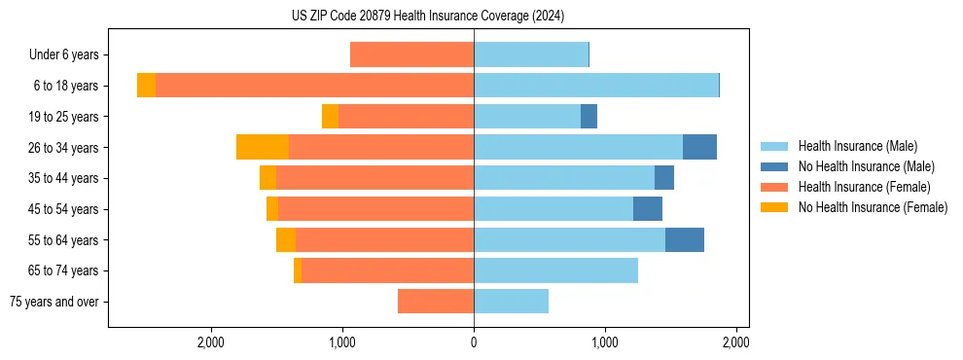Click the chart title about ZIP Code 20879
428,17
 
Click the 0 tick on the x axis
474,342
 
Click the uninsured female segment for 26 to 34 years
263,147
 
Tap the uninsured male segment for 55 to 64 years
685,240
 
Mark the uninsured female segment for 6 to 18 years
146,86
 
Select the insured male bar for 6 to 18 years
595,86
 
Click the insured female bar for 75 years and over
436,302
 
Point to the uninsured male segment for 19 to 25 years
588,117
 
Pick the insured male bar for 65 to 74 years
555,270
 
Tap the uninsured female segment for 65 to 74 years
298,270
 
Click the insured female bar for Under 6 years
411,55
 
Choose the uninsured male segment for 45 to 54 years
648,209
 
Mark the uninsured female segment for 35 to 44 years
267,178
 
